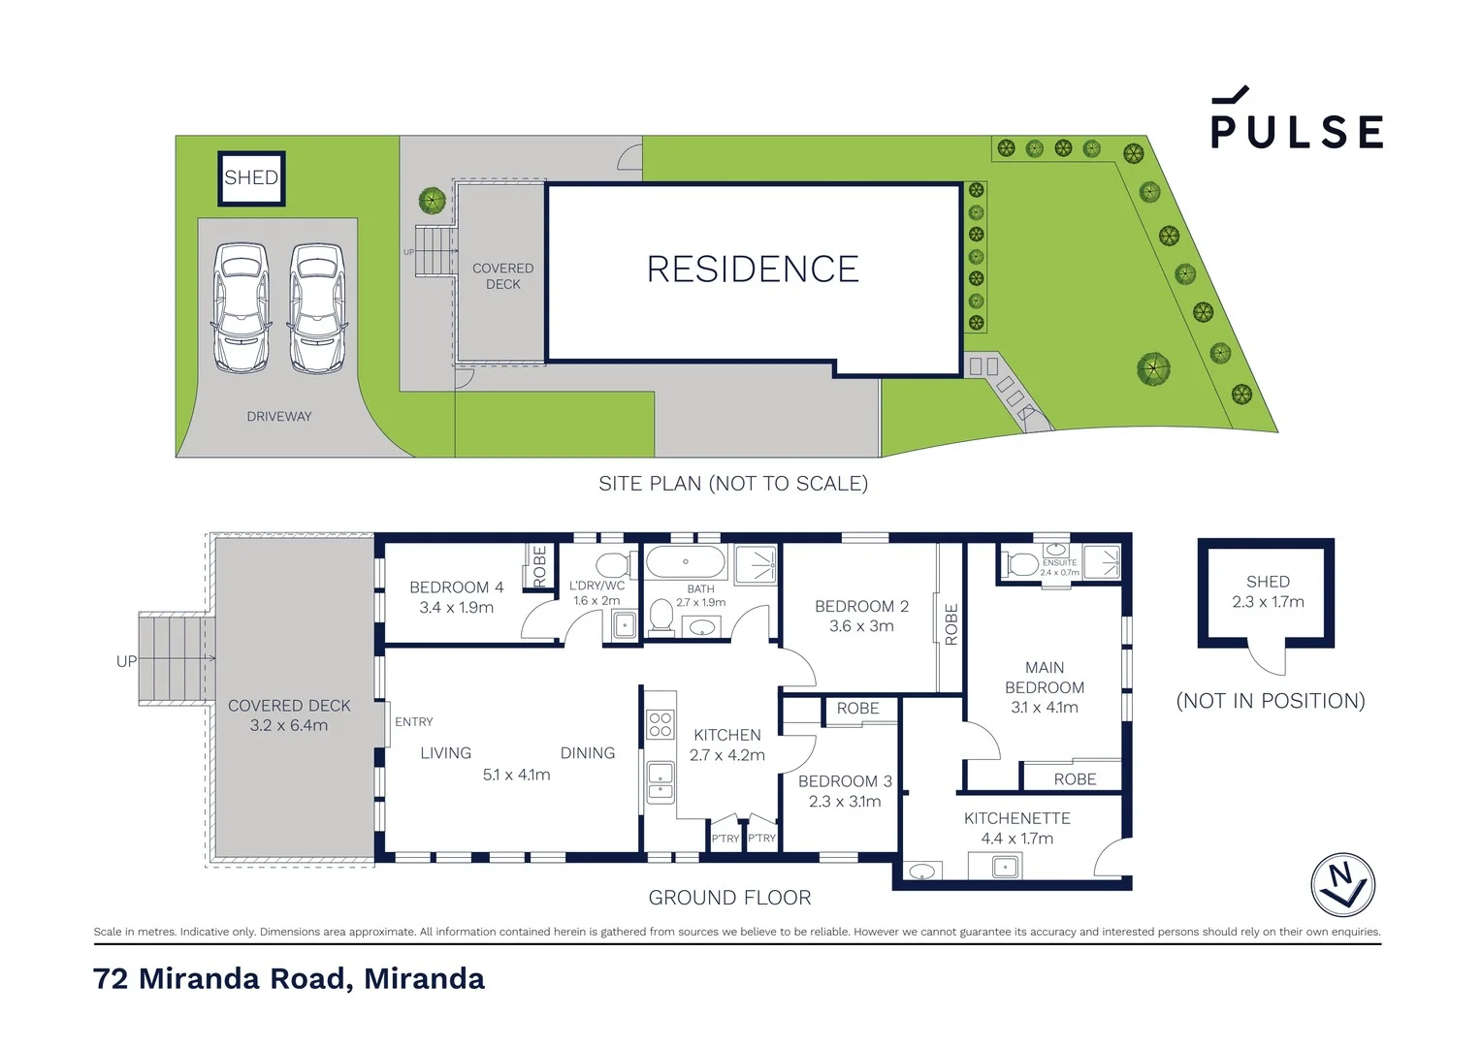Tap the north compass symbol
tap(1342, 884)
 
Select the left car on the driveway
tap(241, 307)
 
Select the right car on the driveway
tap(317, 307)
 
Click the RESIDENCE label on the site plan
tap(753, 270)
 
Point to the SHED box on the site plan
tap(251, 178)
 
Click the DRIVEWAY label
tap(279, 417)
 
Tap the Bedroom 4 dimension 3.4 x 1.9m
tap(456, 608)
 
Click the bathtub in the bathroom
tap(685, 562)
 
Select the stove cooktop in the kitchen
tap(660, 724)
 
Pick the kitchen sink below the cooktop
tap(660, 781)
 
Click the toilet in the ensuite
tap(1021, 563)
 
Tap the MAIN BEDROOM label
tap(1045, 678)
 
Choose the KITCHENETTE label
tap(1016, 819)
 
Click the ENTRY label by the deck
tap(414, 722)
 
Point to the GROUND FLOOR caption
tap(729, 898)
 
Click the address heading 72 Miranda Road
tap(289, 979)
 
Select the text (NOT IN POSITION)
tap(1270, 701)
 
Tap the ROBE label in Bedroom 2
tap(950, 624)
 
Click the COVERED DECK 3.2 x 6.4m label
tap(289, 715)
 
